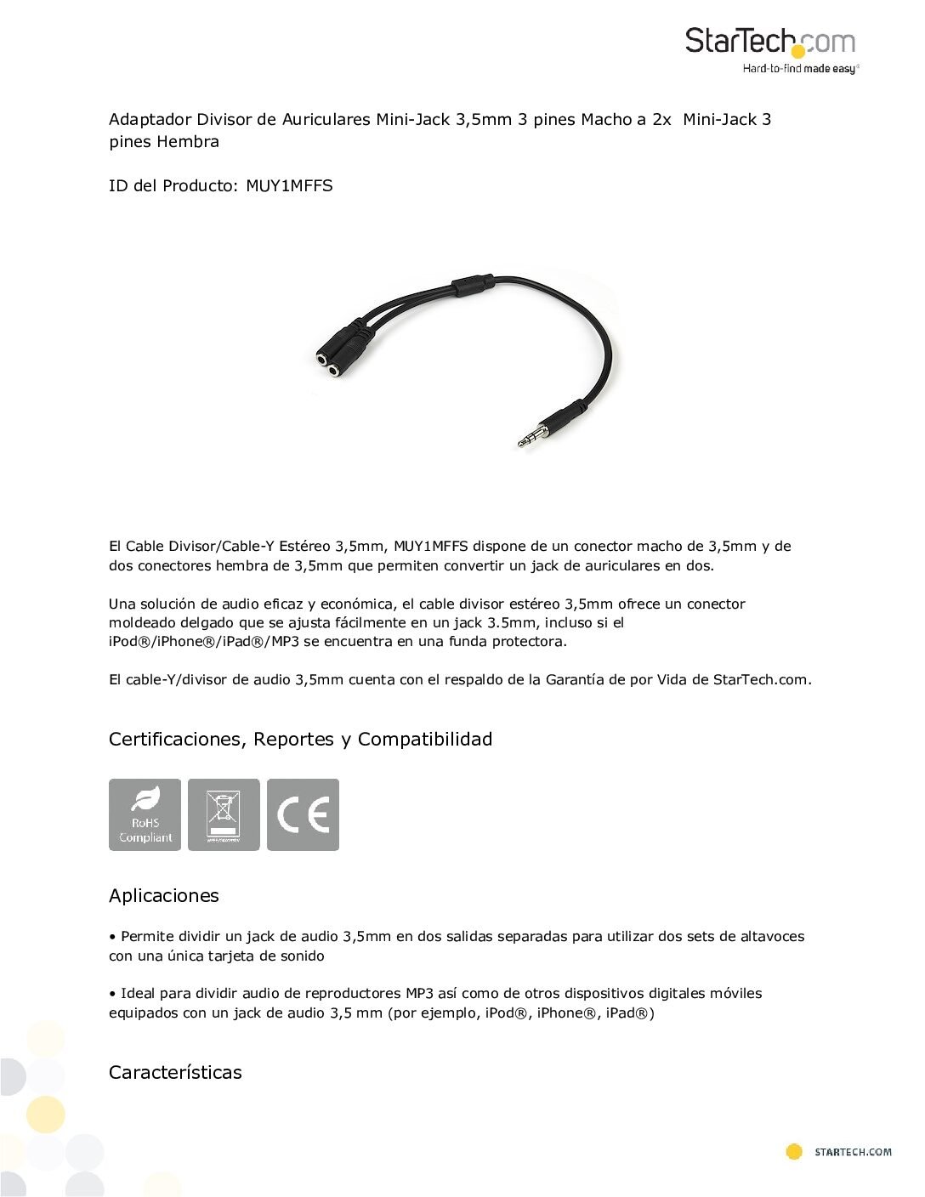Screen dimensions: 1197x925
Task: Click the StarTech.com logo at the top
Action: click(769, 43)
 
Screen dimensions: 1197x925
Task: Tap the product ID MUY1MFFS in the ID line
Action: click(289, 185)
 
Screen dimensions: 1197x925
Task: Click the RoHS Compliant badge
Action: click(145, 814)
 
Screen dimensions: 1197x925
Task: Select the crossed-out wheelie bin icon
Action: click(224, 814)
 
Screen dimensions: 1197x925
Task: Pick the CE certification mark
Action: click(303, 814)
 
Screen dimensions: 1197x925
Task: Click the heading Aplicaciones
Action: click(163, 895)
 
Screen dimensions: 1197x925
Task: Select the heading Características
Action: click(175, 1072)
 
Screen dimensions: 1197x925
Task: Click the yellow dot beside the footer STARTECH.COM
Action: click(794, 1152)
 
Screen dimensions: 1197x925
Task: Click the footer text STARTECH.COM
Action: click(853, 1153)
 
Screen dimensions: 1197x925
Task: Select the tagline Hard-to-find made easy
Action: click(800, 69)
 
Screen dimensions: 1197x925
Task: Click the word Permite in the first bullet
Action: click(146, 936)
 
